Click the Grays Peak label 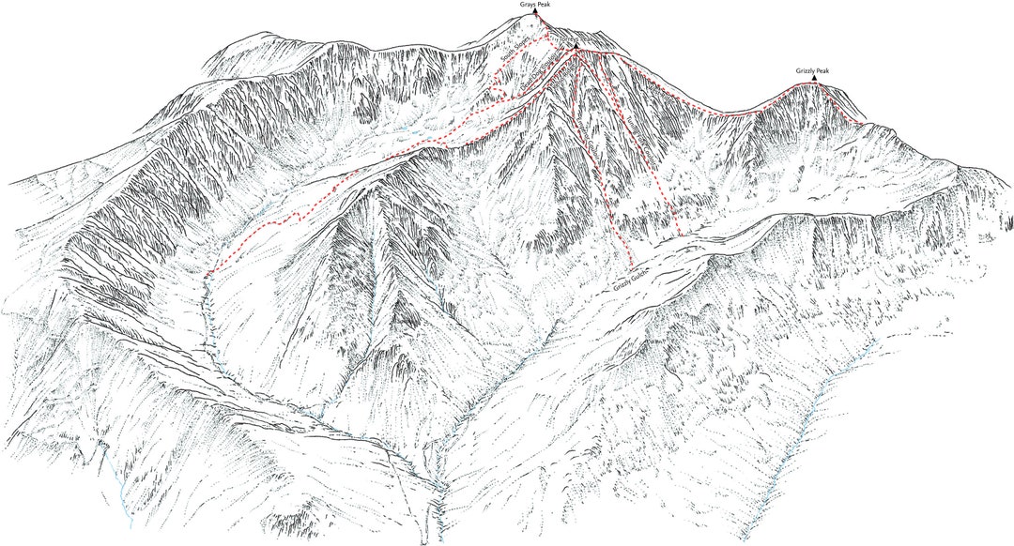coord(536,5)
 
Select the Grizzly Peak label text coord(813,70)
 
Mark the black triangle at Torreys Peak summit coord(576,44)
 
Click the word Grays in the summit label coord(529,5)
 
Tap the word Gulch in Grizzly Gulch coord(642,274)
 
